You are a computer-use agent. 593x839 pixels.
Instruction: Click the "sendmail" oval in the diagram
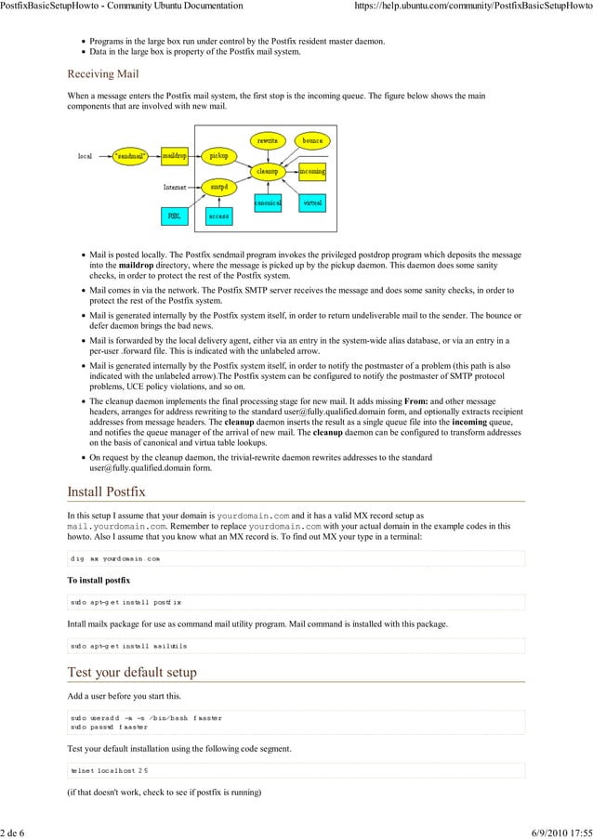131,156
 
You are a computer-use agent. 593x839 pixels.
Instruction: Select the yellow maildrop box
175,156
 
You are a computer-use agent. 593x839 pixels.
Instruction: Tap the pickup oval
218,156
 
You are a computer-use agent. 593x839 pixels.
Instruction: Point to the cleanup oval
268,171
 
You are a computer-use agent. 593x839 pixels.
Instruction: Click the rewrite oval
268,140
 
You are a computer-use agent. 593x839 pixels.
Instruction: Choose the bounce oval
312,140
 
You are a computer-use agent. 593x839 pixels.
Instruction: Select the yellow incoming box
312,172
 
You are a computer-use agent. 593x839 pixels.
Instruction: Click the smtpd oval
219,186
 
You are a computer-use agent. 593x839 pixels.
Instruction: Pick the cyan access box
218,216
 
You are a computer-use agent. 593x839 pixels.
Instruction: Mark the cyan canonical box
268,202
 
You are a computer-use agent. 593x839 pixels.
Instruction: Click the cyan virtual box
312,202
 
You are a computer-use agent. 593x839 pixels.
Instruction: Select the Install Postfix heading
106,491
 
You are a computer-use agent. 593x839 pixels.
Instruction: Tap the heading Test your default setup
131,672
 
